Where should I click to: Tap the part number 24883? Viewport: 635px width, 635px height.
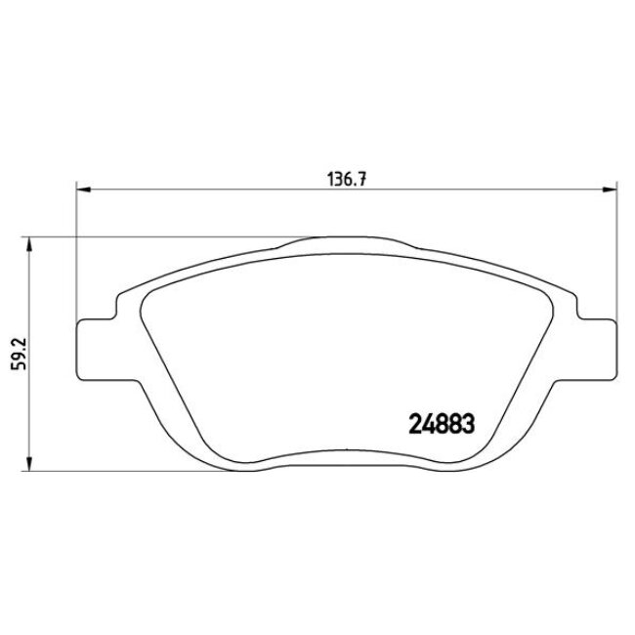pyautogui.click(x=440, y=424)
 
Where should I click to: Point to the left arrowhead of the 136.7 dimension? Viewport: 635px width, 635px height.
pyautogui.click(x=82, y=190)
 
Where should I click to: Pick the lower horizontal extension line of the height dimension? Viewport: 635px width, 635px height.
pyautogui.click(x=147, y=466)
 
